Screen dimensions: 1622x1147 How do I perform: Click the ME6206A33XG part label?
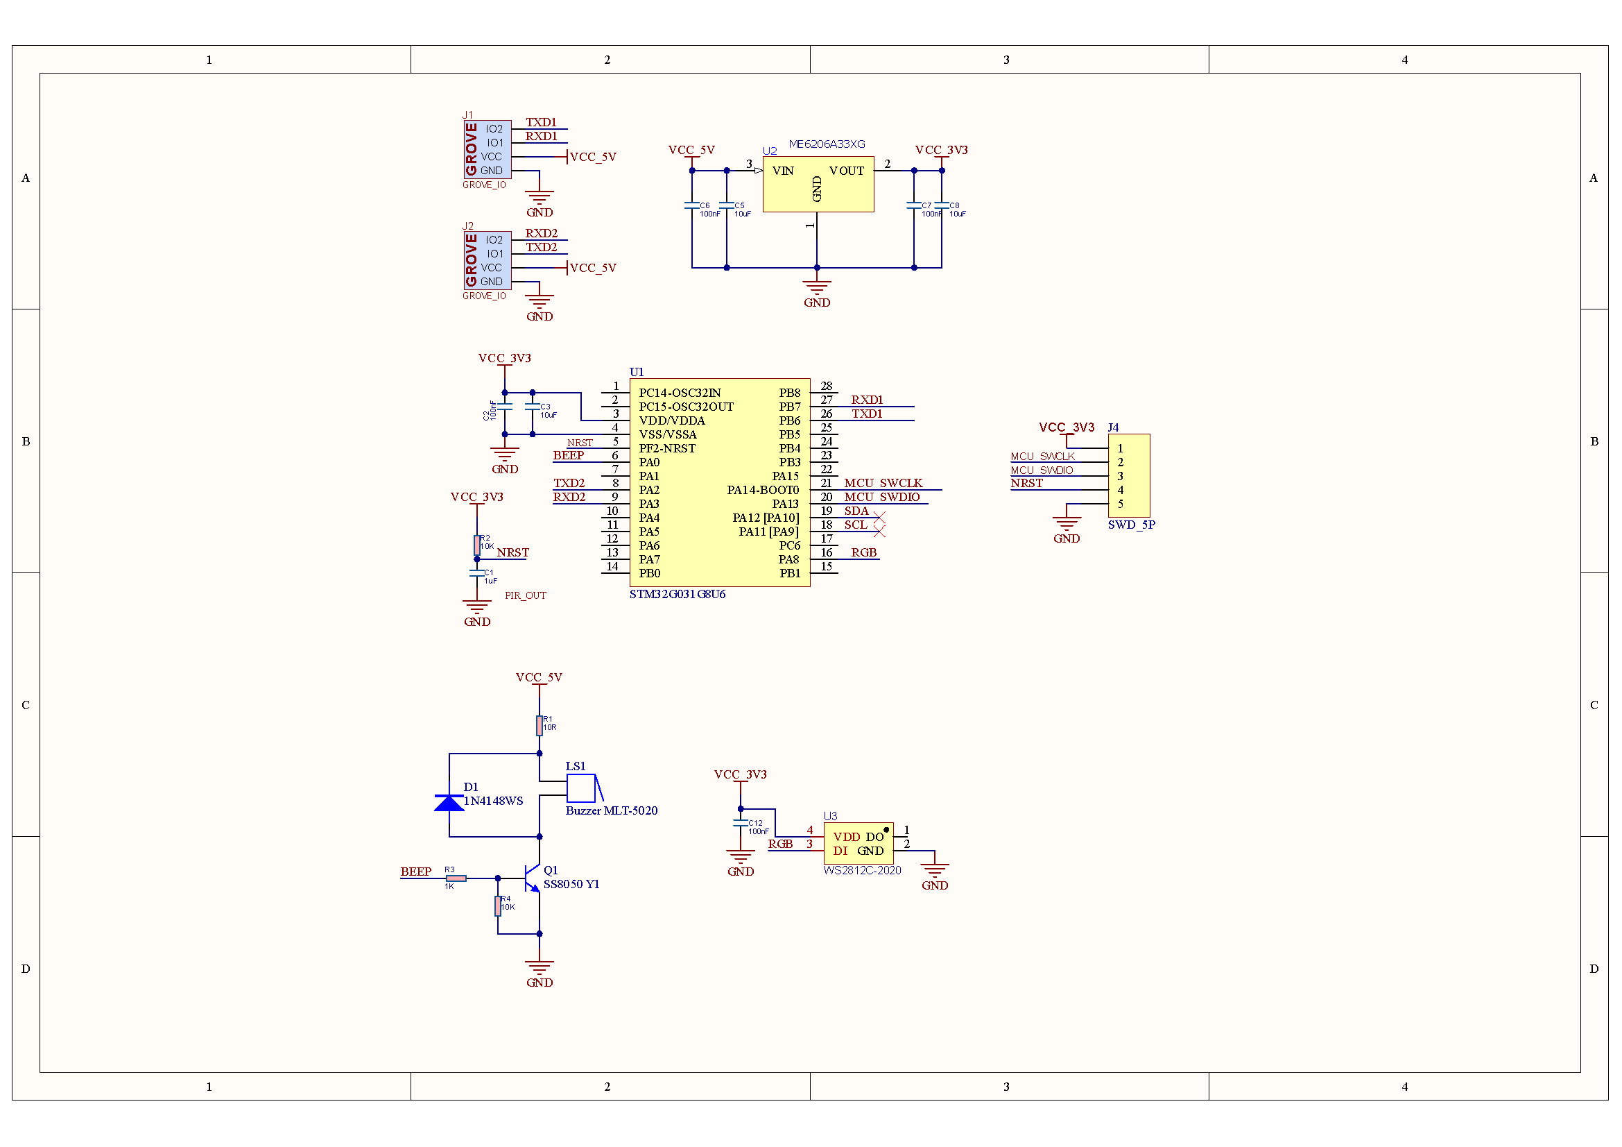point(827,144)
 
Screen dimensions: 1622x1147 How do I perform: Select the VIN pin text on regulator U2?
point(783,171)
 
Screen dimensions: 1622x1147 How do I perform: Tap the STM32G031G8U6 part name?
point(678,595)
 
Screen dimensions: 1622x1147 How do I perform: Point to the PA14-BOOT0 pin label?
point(763,491)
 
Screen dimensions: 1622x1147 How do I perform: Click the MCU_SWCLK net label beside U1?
point(883,484)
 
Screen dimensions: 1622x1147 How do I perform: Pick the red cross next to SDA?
point(879,518)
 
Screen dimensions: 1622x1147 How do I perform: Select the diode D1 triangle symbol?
point(449,803)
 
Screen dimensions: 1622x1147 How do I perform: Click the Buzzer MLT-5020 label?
point(612,811)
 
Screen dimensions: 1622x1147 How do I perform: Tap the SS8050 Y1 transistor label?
point(571,885)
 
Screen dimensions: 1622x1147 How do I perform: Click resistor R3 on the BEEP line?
point(456,878)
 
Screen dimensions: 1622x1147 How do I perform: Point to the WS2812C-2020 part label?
point(862,871)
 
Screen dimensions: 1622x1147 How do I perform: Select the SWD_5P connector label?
point(1131,525)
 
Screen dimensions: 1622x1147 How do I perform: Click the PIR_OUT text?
point(526,596)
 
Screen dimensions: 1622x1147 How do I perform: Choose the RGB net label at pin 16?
point(863,552)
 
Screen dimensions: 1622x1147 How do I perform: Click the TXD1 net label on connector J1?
point(541,123)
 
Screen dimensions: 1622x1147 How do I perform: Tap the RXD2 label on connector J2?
point(541,234)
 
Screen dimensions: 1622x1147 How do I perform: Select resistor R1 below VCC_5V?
point(539,726)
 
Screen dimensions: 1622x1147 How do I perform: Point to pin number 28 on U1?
point(827,386)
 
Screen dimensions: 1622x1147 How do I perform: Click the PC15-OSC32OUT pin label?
point(686,407)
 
